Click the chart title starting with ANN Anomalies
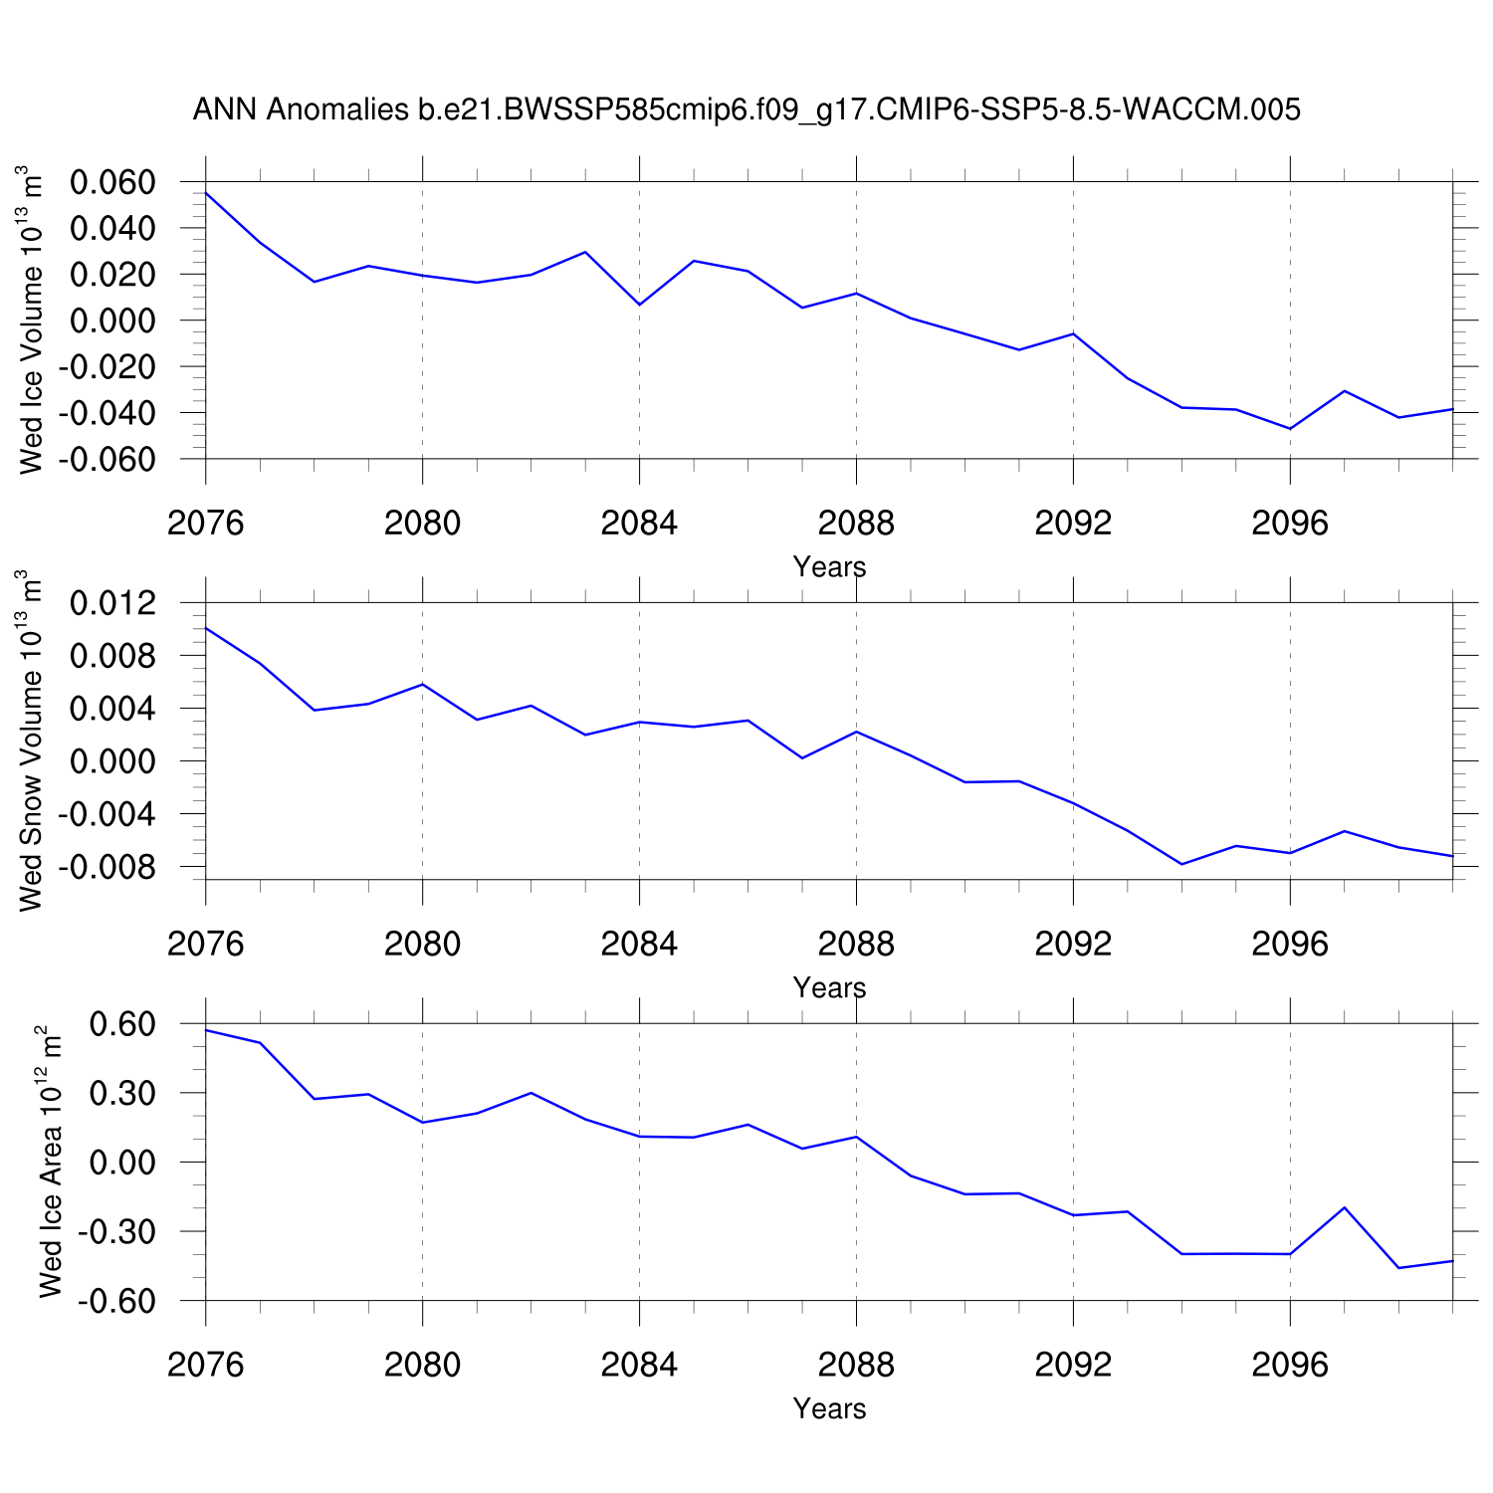(x=746, y=109)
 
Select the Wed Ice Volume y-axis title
(x=32, y=320)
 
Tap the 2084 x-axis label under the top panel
(x=639, y=524)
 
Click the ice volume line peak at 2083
(x=585, y=252)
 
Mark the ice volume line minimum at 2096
(x=1290, y=429)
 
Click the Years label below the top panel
(x=829, y=567)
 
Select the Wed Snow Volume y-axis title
(x=32, y=741)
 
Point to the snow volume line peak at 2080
(x=423, y=684)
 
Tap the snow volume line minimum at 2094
(x=1181, y=864)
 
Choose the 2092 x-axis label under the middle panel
(x=1073, y=945)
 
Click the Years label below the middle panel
(x=829, y=988)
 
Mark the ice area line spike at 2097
(x=1345, y=1207)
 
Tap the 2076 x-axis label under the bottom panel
(x=206, y=1365)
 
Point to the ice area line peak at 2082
(x=532, y=1093)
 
